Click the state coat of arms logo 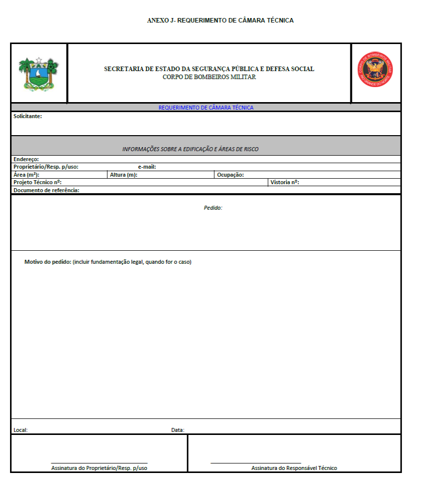coord(39,73)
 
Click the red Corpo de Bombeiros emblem coord(375,73)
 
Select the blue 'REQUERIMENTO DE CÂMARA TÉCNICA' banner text coord(206,108)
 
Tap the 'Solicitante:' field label coord(28,116)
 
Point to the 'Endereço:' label coord(26,159)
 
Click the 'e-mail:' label coord(147,167)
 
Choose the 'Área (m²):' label coord(27,175)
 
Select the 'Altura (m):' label coord(123,175)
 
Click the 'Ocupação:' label coord(230,175)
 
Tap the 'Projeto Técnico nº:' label coord(38,182)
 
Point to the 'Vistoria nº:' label coord(284,182)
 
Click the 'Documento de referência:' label coord(47,190)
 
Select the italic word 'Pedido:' coord(213,207)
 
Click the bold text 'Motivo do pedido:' coord(48,262)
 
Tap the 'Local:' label coord(21,430)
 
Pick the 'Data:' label coord(178,430)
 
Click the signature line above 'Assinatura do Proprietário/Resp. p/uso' coord(99,463)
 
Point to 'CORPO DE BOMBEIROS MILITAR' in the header coord(209,77)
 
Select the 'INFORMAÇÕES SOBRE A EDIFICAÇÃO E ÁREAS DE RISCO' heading coord(190,149)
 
